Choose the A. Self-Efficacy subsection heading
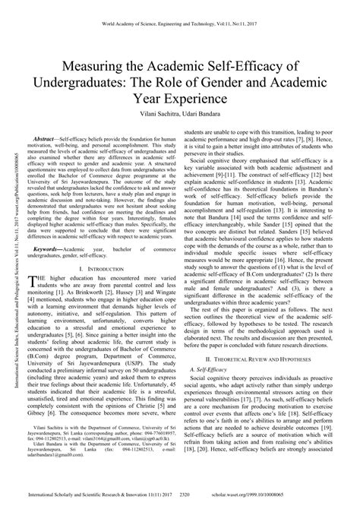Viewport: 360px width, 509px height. point(210,367)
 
